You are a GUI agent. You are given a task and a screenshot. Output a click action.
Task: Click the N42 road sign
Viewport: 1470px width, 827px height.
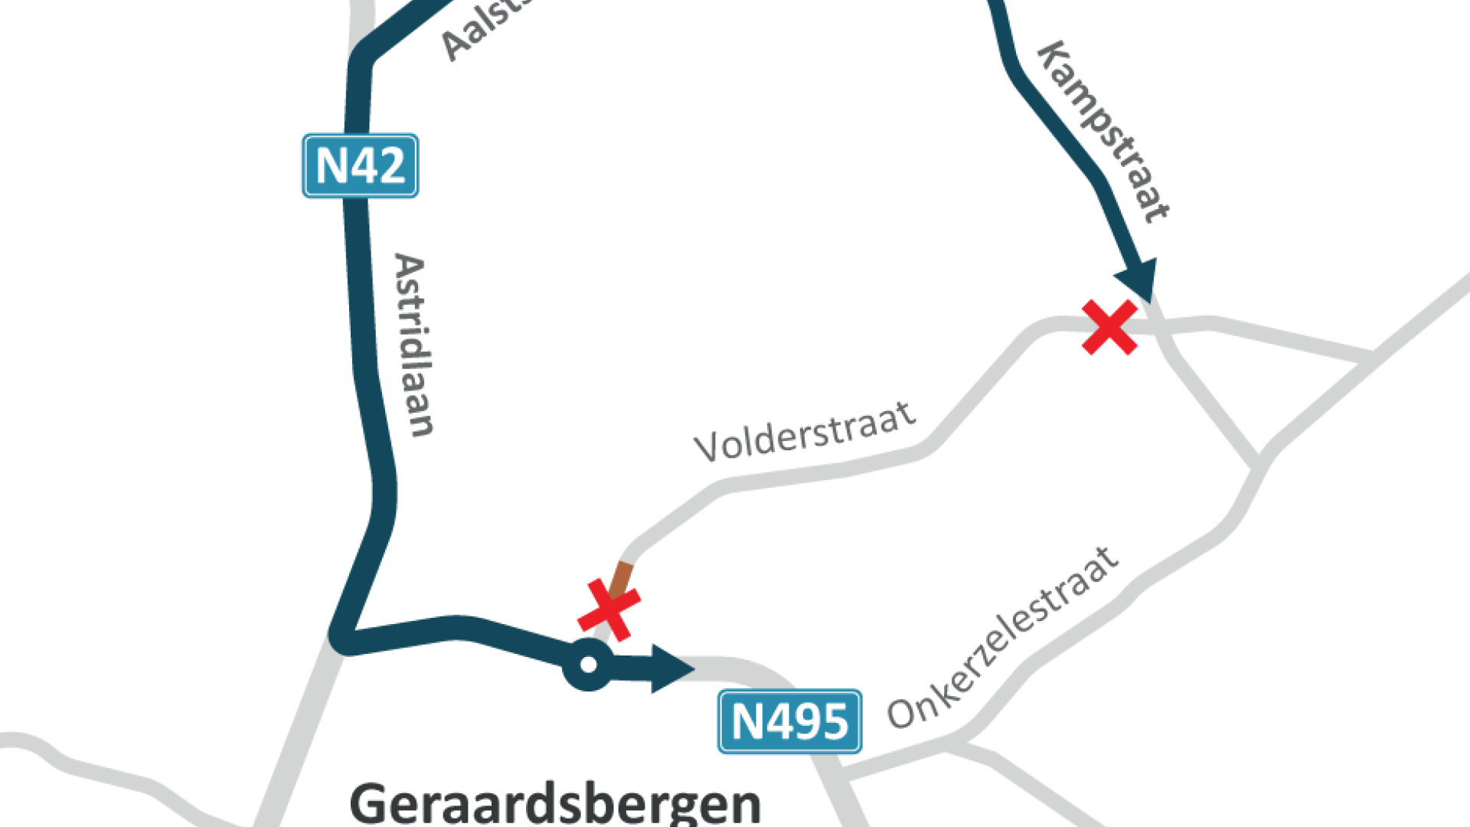pyautogui.click(x=360, y=165)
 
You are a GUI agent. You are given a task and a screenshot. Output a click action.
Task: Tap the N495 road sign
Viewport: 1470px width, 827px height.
pyautogui.click(x=789, y=721)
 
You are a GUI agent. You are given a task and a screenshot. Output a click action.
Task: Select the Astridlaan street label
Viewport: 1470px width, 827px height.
pyautogui.click(x=413, y=345)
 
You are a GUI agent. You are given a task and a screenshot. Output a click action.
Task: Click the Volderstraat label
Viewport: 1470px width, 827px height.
pyautogui.click(x=805, y=433)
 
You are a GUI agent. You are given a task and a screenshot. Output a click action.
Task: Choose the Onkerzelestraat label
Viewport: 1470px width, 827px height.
pyautogui.click(x=1003, y=639)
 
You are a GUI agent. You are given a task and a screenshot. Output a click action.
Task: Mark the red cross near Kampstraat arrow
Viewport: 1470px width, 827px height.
pyautogui.click(x=1109, y=327)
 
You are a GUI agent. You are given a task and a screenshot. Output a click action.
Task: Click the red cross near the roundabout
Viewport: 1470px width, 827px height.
pyautogui.click(x=609, y=610)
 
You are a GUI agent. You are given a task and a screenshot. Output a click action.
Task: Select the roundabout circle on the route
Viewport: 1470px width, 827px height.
pyautogui.click(x=588, y=665)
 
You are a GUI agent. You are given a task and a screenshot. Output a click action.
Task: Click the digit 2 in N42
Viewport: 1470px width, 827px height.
pyautogui.click(x=390, y=166)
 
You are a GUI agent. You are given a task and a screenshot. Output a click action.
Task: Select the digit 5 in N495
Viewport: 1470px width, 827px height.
pyautogui.click(x=834, y=722)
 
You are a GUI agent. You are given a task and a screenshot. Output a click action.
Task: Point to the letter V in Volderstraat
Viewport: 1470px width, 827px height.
pyautogui.click(x=707, y=446)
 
